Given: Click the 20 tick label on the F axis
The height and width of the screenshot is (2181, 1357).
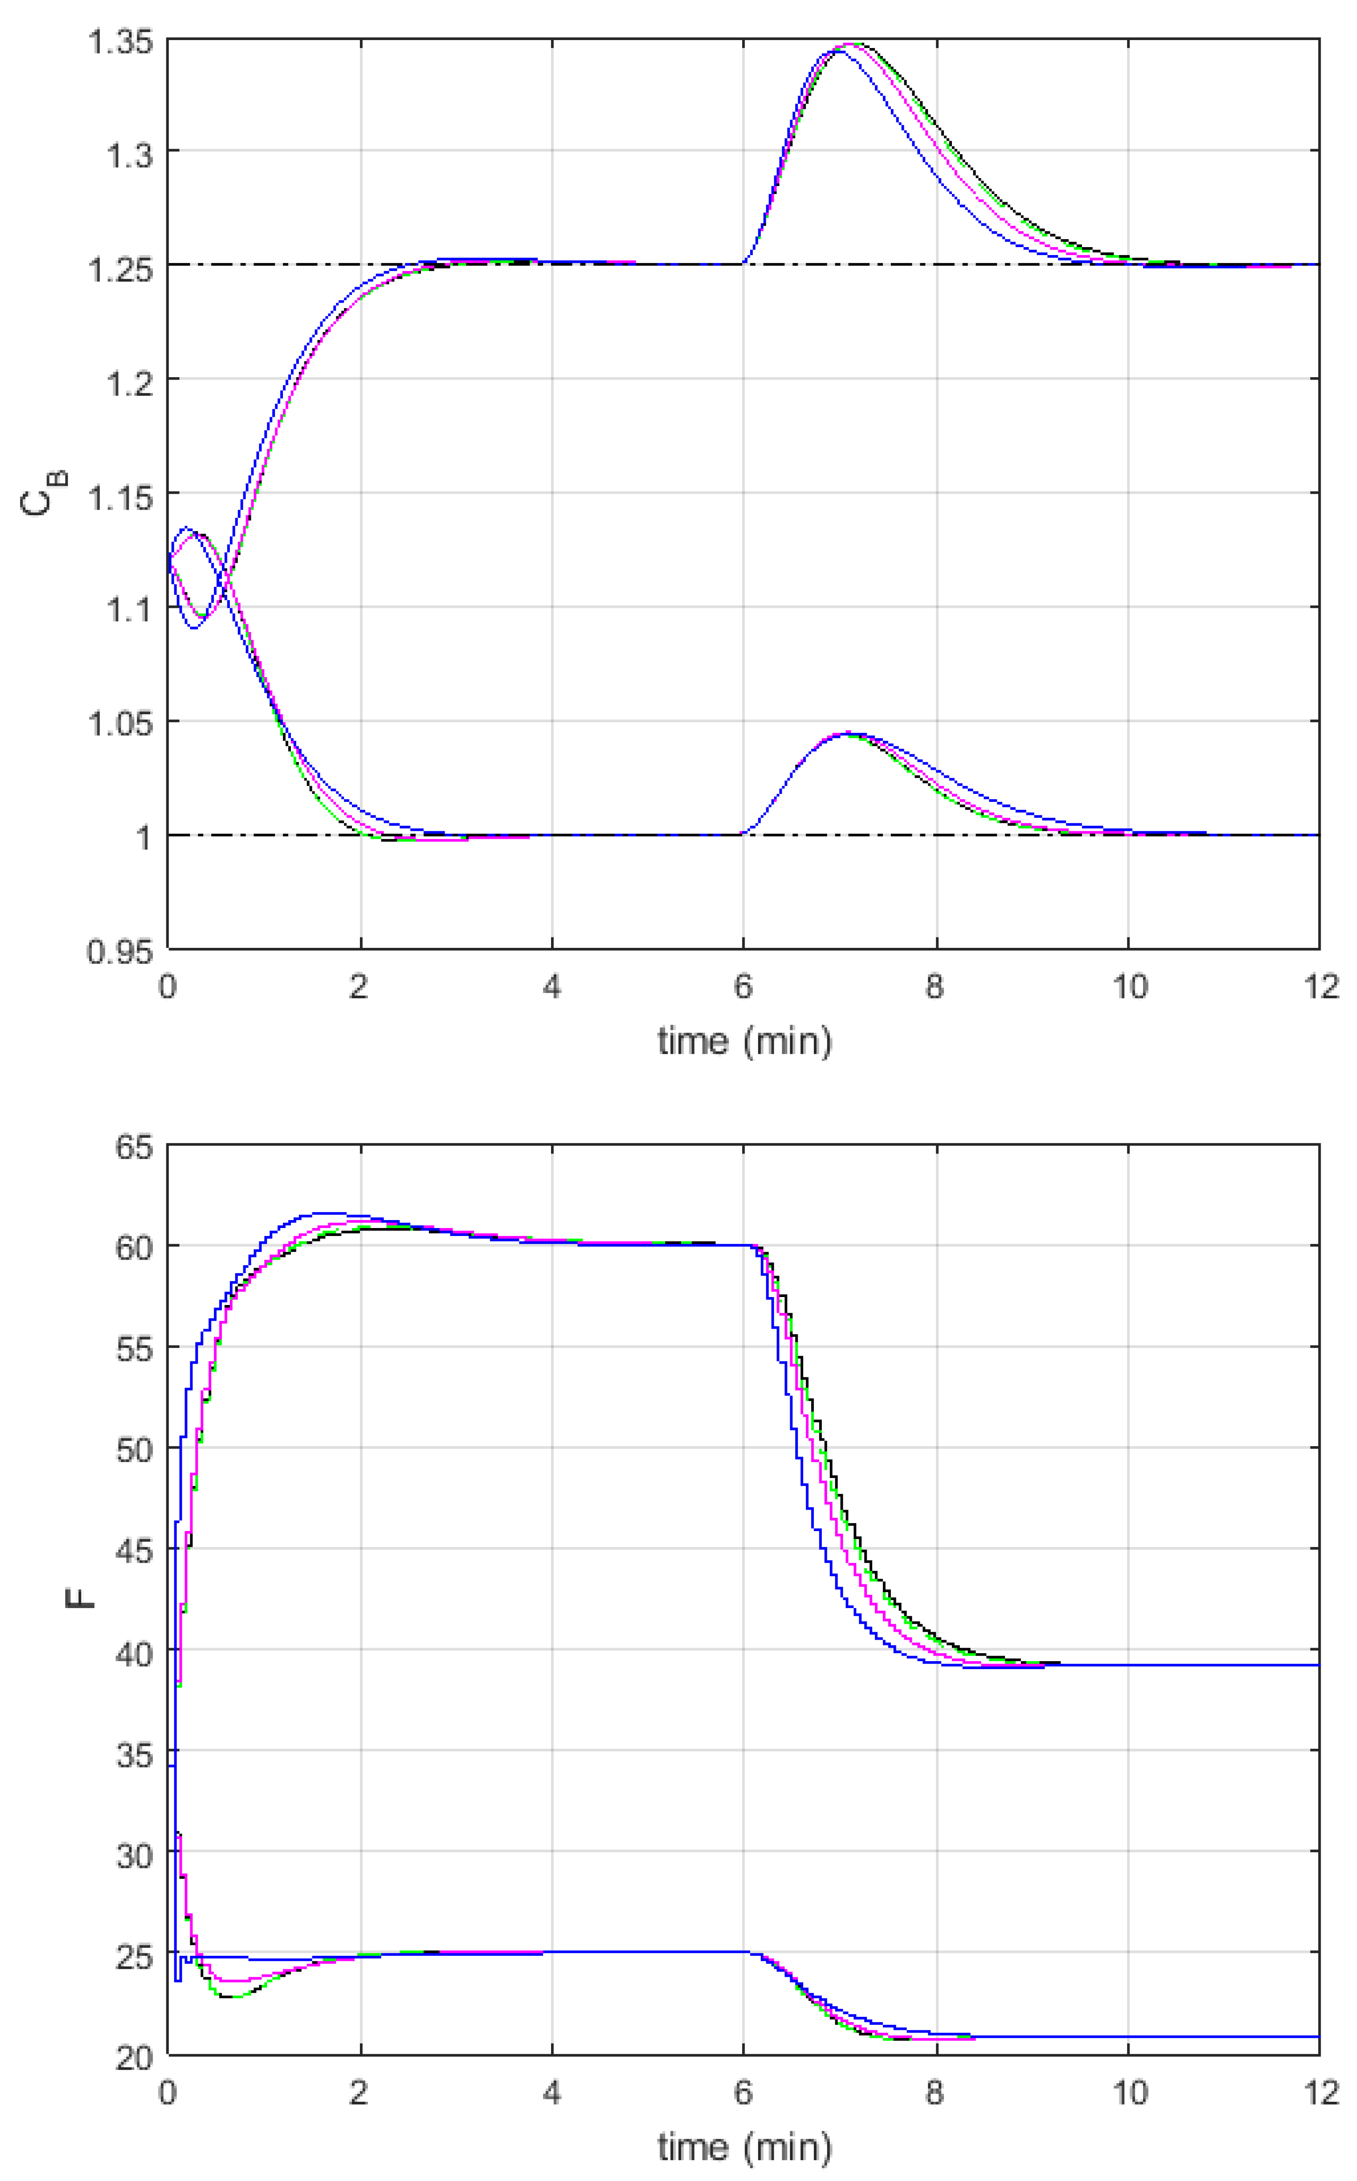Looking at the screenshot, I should click(x=135, y=2057).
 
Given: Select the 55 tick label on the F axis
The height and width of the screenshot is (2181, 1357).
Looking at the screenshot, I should click(x=135, y=1350).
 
